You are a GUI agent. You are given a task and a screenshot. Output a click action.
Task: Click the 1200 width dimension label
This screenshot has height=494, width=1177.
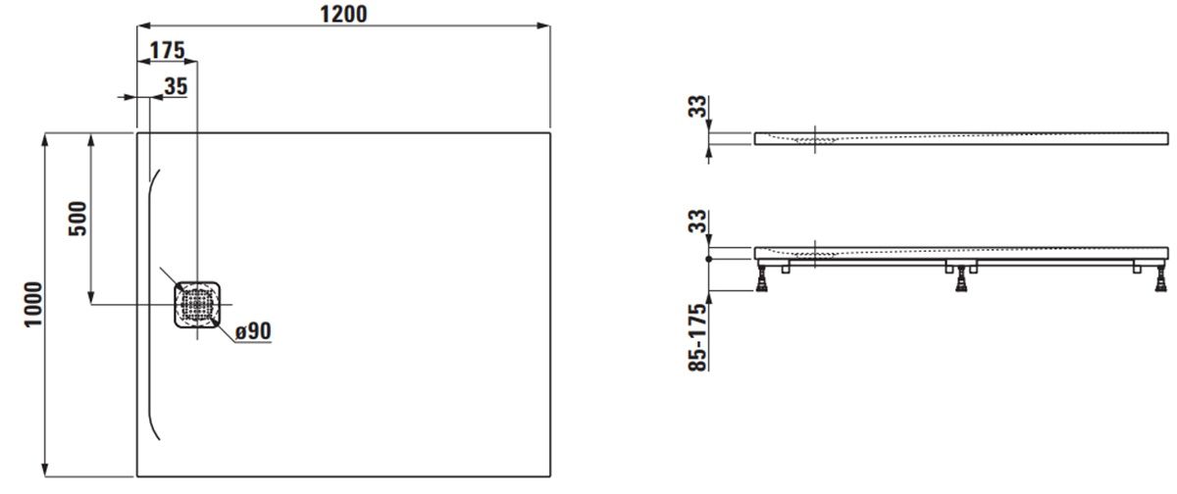[x=343, y=14]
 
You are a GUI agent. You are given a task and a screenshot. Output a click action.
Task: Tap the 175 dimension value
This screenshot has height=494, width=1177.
[x=168, y=50]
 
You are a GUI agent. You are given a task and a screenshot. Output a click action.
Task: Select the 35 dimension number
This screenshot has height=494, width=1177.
[x=176, y=86]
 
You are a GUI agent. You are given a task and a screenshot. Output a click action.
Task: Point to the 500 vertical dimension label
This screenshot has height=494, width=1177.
[x=77, y=219]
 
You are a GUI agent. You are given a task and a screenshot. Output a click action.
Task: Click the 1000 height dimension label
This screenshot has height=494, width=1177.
[x=33, y=305]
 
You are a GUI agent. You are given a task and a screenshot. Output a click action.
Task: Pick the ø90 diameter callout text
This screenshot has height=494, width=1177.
[x=253, y=331]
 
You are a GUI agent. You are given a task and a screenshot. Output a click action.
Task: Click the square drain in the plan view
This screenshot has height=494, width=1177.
[x=197, y=305]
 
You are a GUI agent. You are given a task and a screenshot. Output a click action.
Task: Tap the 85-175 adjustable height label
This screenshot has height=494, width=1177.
[x=697, y=337]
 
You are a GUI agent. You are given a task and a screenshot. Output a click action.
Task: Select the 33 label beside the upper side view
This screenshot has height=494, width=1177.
[x=697, y=107]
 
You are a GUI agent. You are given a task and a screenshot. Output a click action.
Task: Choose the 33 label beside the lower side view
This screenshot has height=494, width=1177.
[x=697, y=221]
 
